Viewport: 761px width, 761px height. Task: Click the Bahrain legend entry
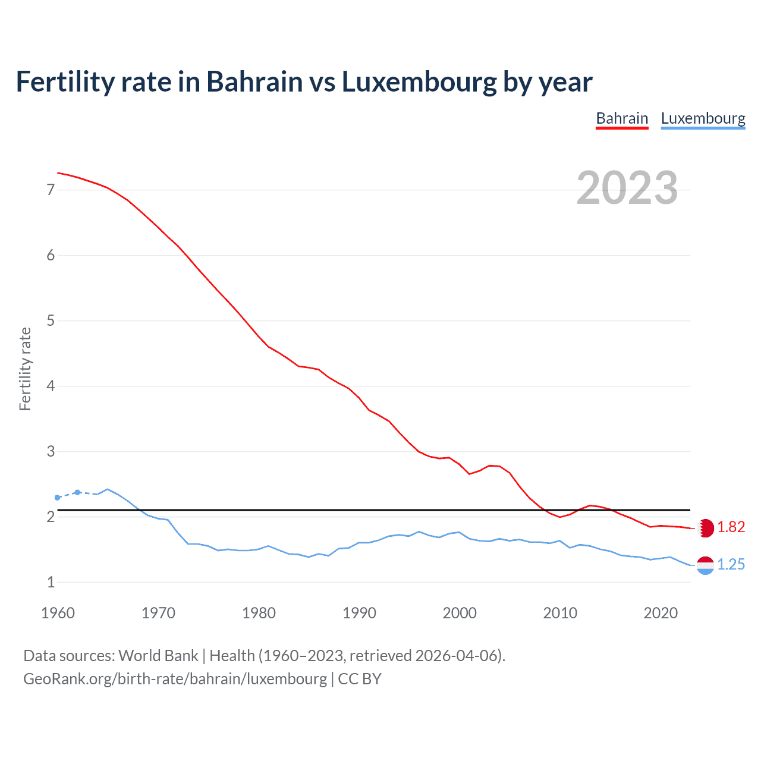click(x=622, y=118)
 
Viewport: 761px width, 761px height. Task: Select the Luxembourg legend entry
click(x=703, y=118)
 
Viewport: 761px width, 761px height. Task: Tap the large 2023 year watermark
click(x=627, y=188)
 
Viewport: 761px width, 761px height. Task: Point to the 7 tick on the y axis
click(x=51, y=190)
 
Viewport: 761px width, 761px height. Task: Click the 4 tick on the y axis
click(x=51, y=386)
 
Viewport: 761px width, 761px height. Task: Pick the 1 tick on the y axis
click(x=51, y=583)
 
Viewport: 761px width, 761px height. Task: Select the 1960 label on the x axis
click(x=58, y=613)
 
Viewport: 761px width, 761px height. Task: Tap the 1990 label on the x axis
click(x=359, y=613)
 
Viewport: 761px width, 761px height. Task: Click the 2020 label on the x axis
click(x=661, y=613)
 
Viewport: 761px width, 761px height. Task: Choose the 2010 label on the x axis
click(x=560, y=613)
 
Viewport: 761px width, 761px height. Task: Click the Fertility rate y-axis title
click(x=25, y=369)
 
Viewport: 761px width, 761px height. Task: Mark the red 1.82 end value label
click(x=731, y=527)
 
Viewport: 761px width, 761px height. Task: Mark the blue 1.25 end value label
click(x=731, y=565)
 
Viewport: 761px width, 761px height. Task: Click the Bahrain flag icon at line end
click(x=705, y=528)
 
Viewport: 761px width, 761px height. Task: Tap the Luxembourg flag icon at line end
click(x=705, y=565)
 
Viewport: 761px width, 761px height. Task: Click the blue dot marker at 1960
click(x=58, y=498)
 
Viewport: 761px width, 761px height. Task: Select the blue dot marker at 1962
click(x=77, y=492)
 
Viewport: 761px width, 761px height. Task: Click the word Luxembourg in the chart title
click(x=419, y=82)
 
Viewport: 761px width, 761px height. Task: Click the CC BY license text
click(x=360, y=679)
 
